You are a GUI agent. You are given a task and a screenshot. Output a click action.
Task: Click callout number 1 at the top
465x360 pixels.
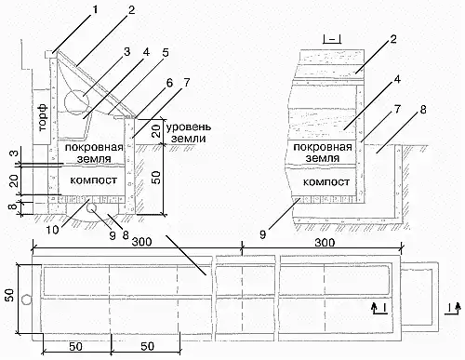point(95,10)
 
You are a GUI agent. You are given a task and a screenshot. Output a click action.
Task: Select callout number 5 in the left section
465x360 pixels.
point(166,52)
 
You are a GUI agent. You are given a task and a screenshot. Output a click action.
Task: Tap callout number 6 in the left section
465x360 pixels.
point(169,83)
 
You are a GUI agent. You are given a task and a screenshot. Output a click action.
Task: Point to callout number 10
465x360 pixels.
point(52,230)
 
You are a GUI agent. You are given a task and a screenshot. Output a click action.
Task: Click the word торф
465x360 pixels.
point(44,117)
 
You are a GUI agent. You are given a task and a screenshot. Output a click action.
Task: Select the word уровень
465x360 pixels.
point(189,127)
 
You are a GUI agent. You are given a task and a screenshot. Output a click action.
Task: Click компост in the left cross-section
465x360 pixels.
point(93,180)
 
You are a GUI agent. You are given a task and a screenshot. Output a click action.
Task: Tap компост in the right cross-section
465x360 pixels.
point(325,182)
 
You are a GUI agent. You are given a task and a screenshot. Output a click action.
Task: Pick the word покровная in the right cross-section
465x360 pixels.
point(323,147)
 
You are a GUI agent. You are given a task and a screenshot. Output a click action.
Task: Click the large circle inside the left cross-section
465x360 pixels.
point(77,101)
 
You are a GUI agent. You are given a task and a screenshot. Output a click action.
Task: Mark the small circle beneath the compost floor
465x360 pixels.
point(92,209)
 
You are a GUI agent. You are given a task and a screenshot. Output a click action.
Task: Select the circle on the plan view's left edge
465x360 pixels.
point(26,300)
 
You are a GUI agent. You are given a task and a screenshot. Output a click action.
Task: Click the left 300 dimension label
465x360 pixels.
point(141,242)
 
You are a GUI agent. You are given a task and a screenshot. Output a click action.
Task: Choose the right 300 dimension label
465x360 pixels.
point(325,242)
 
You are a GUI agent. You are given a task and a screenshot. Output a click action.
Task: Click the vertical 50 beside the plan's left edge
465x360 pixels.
point(9,295)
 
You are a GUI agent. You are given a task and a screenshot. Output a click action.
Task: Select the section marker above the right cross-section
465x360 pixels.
point(332,39)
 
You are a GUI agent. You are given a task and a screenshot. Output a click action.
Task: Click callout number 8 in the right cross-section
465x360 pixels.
point(423,110)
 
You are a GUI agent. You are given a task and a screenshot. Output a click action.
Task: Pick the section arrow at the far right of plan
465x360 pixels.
point(452,309)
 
